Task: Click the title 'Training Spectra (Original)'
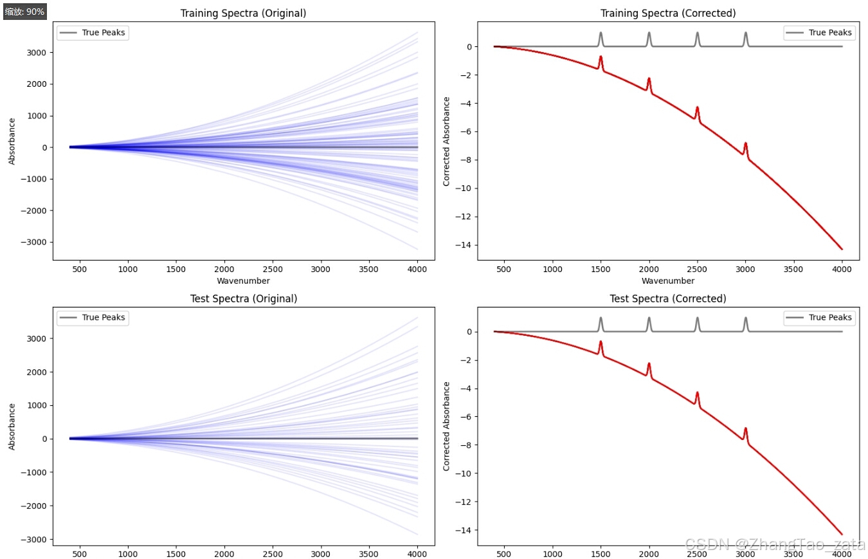243,14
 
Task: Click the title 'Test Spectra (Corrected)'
667,298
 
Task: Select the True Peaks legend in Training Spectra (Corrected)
818,33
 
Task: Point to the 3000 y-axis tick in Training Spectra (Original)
37,52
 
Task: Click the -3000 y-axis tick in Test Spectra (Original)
35,539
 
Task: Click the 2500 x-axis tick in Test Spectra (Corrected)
697,554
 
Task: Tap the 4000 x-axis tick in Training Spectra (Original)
417,269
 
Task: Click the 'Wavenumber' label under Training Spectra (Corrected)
667,280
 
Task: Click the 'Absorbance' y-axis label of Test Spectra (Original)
12,426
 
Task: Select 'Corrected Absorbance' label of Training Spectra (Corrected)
446,142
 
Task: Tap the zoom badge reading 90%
24,12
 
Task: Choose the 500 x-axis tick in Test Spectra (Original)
80,554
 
